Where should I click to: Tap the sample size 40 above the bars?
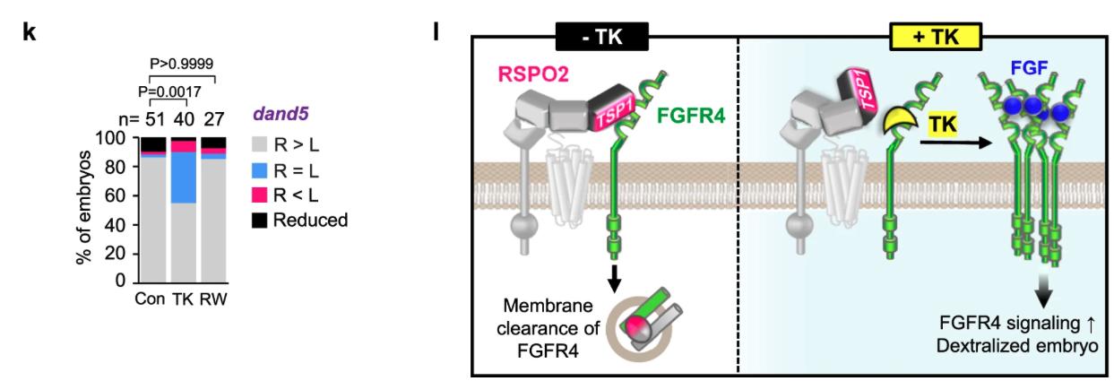[x=184, y=117]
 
